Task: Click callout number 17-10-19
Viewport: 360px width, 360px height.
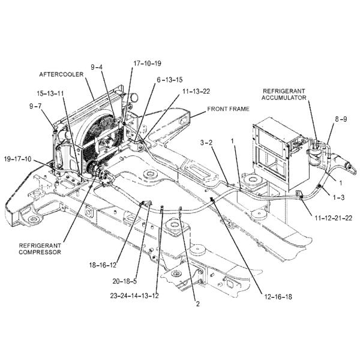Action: click(147, 62)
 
